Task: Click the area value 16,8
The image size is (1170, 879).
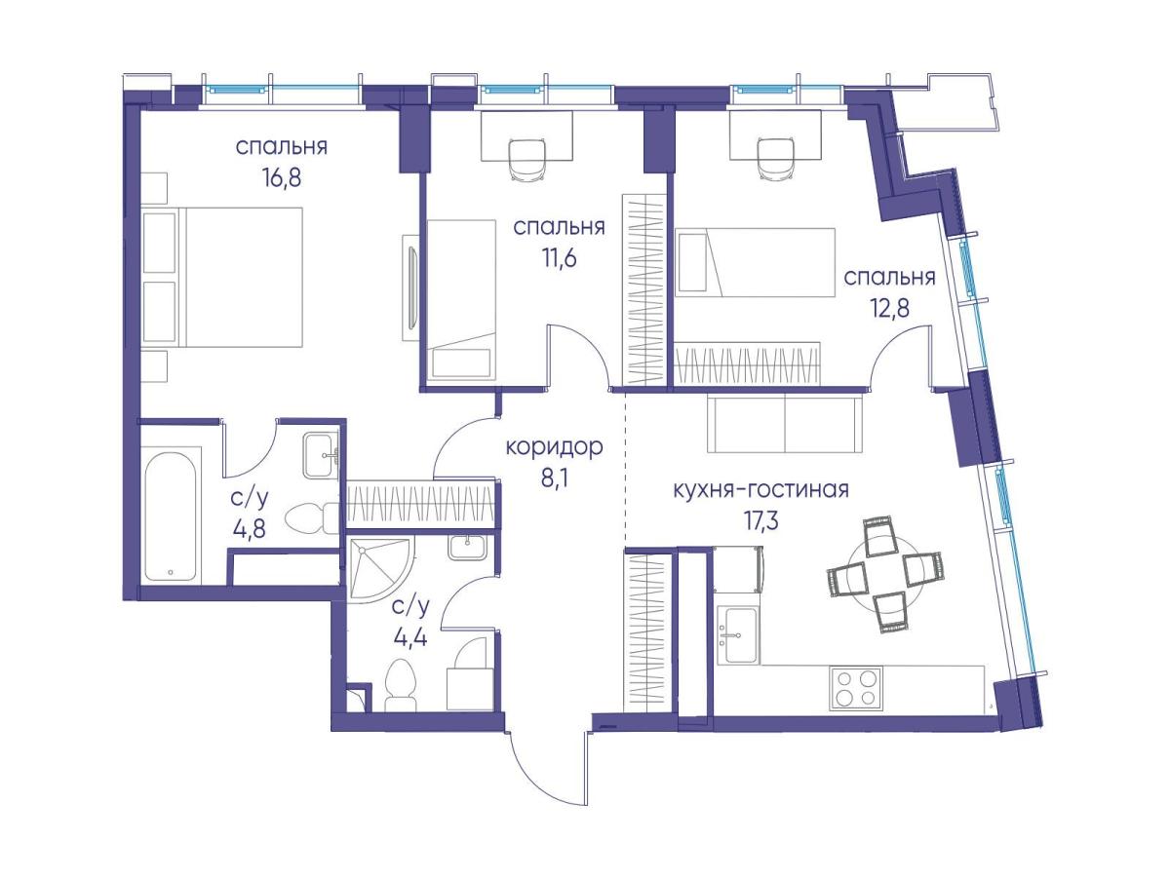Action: click(281, 178)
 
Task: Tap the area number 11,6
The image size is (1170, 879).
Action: click(559, 259)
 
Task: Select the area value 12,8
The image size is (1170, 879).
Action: click(889, 308)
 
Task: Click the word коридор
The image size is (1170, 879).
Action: click(554, 447)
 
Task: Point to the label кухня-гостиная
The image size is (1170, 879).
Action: click(760, 489)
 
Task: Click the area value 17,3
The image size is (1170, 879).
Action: click(760, 520)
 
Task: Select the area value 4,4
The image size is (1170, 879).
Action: click(410, 637)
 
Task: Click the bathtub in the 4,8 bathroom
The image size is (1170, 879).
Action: click(171, 516)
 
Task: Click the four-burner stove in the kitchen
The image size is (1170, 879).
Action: click(855, 688)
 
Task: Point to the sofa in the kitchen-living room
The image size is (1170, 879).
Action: click(784, 424)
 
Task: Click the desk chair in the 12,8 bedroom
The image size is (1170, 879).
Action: click(775, 158)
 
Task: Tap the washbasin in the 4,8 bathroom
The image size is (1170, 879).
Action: click(321, 454)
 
